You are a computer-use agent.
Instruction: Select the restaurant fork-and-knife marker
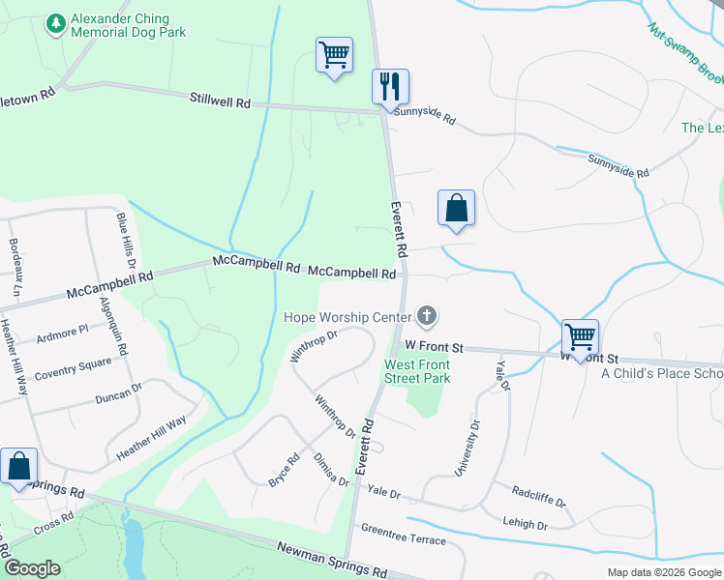(391, 85)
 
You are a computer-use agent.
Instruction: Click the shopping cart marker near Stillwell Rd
(334, 54)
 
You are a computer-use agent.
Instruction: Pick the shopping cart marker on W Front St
(580, 337)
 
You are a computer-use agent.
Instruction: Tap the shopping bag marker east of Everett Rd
(456, 207)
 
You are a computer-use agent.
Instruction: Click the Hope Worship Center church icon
(426, 315)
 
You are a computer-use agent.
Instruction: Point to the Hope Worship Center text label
(347, 316)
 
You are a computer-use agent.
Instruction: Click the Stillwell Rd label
(220, 100)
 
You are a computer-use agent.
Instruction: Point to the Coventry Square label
(73, 370)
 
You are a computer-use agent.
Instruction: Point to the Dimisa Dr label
(331, 471)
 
